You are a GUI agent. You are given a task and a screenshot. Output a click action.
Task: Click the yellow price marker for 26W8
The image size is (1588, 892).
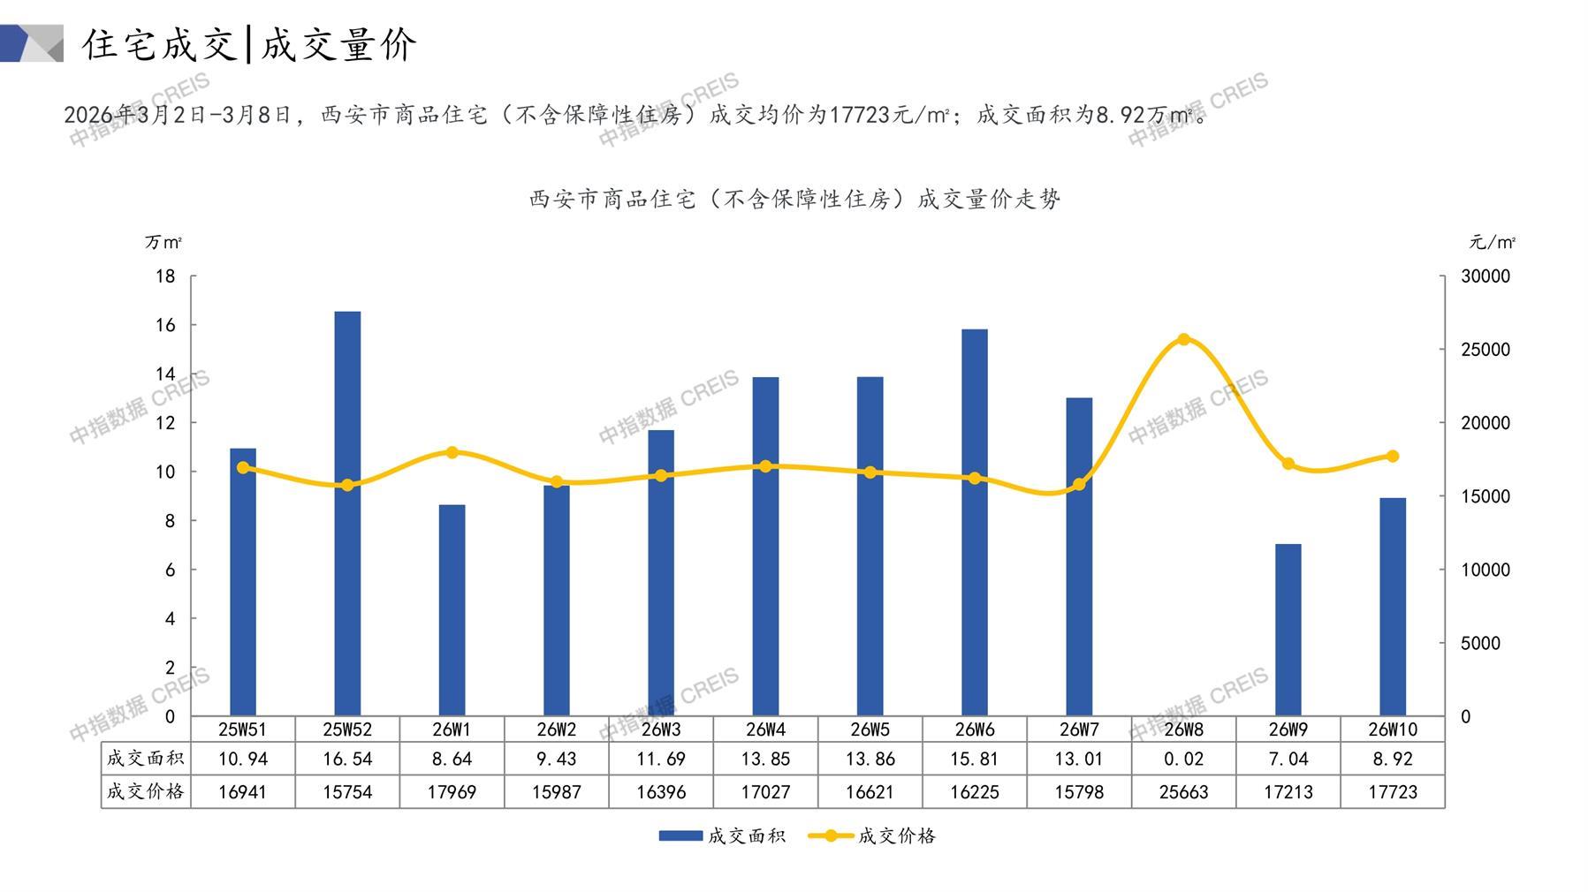pyautogui.click(x=1183, y=339)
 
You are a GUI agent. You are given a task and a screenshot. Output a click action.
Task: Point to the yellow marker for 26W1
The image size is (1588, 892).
pyautogui.click(x=452, y=452)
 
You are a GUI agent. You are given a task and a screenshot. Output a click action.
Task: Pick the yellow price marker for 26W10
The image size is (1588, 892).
pyautogui.click(x=1392, y=456)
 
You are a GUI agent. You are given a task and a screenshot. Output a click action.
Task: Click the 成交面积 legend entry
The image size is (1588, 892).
pyautogui.click(x=722, y=835)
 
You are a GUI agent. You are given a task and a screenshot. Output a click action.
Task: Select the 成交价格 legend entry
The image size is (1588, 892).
pyautogui.click(x=872, y=835)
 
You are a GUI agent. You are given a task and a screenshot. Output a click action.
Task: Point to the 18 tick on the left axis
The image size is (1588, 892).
pyautogui.click(x=165, y=276)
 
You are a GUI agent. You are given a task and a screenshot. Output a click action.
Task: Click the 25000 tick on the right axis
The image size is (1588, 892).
pyautogui.click(x=1485, y=350)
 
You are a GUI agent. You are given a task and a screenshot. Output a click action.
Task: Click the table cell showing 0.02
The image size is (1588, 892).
pyautogui.click(x=1183, y=759)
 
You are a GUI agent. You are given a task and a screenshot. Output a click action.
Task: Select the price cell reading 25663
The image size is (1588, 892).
pyautogui.click(x=1183, y=792)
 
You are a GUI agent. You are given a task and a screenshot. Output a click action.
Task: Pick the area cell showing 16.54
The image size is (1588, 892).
pyautogui.click(x=347, y=759)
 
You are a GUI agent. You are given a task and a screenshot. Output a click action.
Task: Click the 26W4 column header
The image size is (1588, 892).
pyautogui.click(x=765, y=729)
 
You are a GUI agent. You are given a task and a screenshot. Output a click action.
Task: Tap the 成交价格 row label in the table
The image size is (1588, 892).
pyautogui.click(x=146, y=792)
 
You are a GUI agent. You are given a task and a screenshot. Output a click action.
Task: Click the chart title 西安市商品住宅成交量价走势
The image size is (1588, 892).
pyautogui.click(x=794, y=200)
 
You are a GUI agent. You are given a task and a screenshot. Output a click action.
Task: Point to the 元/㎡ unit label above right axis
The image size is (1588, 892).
pyautogui.click(x=1493, y=242)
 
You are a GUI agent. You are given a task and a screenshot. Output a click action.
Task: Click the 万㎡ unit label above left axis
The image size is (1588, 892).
pyautogui.click(x=163, y=242)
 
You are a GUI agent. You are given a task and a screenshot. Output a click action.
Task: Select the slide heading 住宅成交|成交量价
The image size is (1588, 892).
pyautogui.click(x=249, y=44)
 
